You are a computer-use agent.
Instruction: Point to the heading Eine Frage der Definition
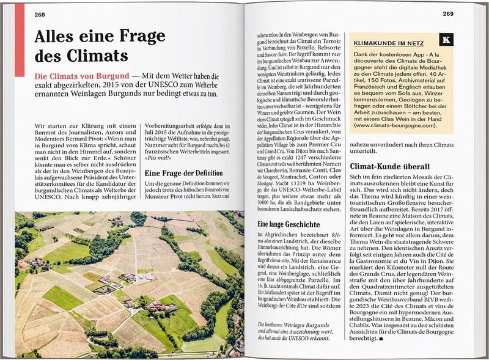(x=183, y=173)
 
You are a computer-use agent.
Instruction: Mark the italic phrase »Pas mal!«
(x=157, y=158)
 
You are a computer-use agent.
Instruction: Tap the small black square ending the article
(x=381, y=338)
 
